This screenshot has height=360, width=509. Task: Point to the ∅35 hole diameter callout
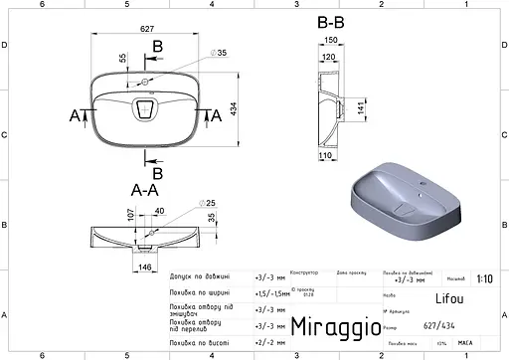tap(220, 53)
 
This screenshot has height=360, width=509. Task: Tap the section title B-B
tap(332, 22)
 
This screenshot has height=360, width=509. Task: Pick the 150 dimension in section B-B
tap(330, 42)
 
